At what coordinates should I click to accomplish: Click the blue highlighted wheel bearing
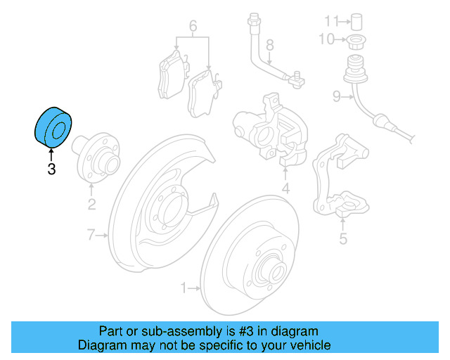[53, 128]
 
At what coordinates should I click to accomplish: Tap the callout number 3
[51, 169]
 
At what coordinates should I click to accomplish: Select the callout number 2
[91, 205]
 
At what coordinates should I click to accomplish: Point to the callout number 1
[184, 287]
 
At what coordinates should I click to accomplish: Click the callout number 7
[90, 235]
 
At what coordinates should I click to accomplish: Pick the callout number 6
[193, 27]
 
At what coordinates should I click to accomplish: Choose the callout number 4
[286, 188]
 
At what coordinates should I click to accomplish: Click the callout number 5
[342, 239]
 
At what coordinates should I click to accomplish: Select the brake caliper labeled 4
[271, 130]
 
